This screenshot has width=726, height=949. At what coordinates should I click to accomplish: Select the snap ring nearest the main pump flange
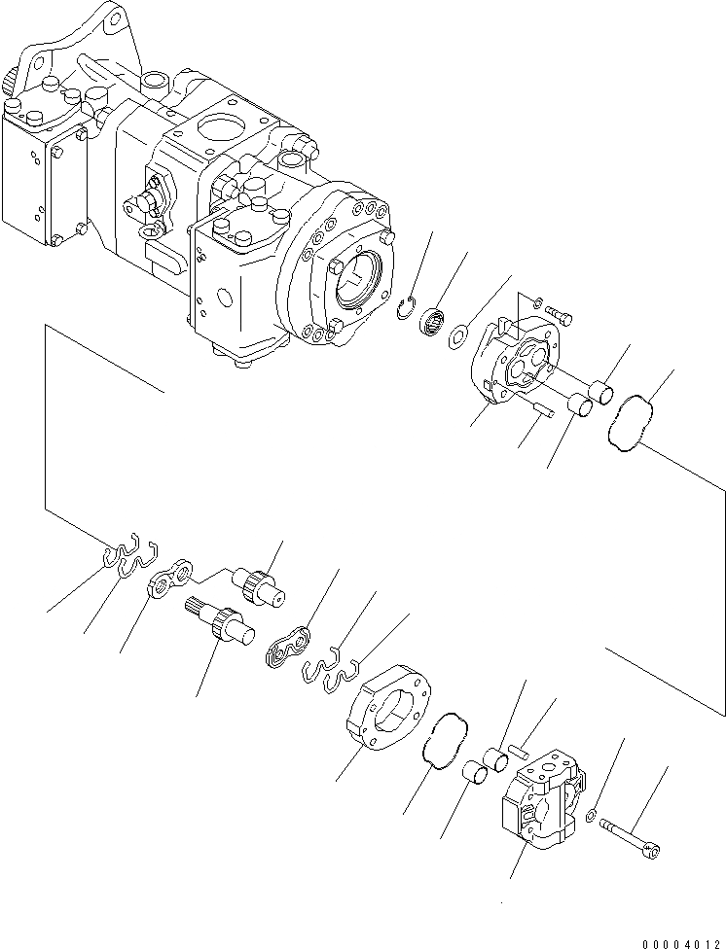click(413, 311)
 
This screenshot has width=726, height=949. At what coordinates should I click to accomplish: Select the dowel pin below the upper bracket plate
click(540, 412)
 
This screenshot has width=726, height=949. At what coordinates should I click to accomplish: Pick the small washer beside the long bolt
click(593, 814)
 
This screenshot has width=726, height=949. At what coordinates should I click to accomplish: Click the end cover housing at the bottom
click(540, 799)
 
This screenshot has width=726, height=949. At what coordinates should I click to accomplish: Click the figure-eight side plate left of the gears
click(171, 583)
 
